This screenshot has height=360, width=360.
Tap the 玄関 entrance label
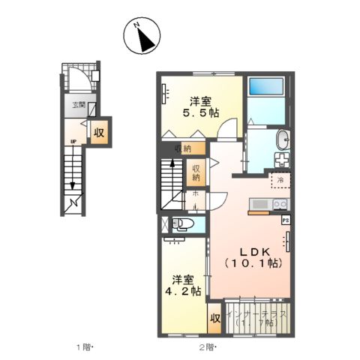pyautogui.click(x=78, y=105)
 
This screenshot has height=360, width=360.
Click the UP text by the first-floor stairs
pyautogui.click(x=73, y=140)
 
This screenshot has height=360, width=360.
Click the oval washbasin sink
pyautogui.click(x=283, y=140)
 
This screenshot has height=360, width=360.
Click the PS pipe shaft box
pyautogui.click(x=286, y=221)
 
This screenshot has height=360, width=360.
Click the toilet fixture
pyautogui.click(x=180, y=224)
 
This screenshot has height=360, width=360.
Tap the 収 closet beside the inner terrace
pyautogui.click(x=214, y=318)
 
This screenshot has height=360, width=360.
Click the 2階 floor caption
pyautogui.click(x=208, y=347)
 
